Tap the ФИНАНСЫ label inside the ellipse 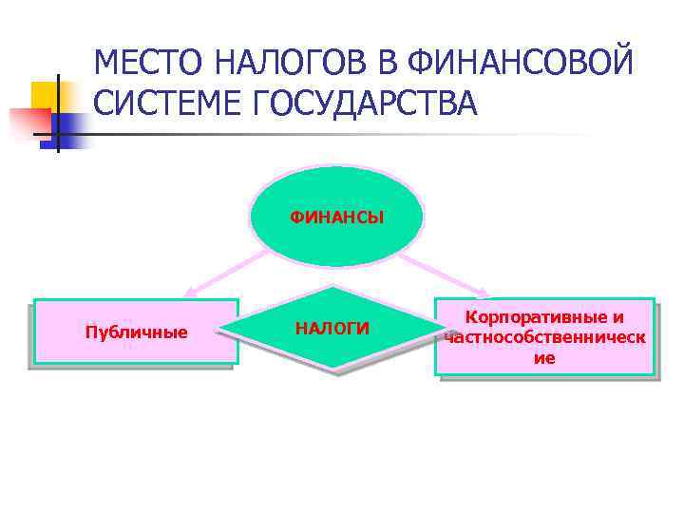[337, 218]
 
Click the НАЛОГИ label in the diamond [332, 329]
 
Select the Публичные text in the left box [136, 332]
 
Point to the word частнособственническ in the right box [544, 337]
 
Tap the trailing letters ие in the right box [544, 358]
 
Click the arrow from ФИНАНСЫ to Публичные [223, 276]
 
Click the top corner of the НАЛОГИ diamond [332, 286]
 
